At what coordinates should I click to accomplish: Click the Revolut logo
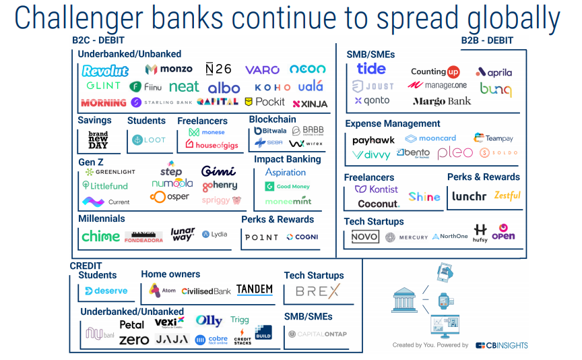tap(105, 71)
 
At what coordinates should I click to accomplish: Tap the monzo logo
tap(168, 69)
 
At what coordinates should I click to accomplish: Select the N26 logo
tap(218, 69)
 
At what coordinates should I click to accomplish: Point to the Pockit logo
tap(265, 102)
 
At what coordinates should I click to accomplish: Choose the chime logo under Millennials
tap(100, 237)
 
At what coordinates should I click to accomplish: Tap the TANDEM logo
tap(255, 290)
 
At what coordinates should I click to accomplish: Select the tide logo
tap(371, 69)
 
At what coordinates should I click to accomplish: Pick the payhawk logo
tap(373, 140)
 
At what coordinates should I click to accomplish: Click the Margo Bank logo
tap(442, 101)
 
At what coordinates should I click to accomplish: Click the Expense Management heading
tap(393, 124)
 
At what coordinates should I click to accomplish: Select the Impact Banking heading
tap(287, 159)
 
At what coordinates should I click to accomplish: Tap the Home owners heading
tap(170, 274)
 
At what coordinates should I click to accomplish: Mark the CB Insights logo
tap(502, 345)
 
